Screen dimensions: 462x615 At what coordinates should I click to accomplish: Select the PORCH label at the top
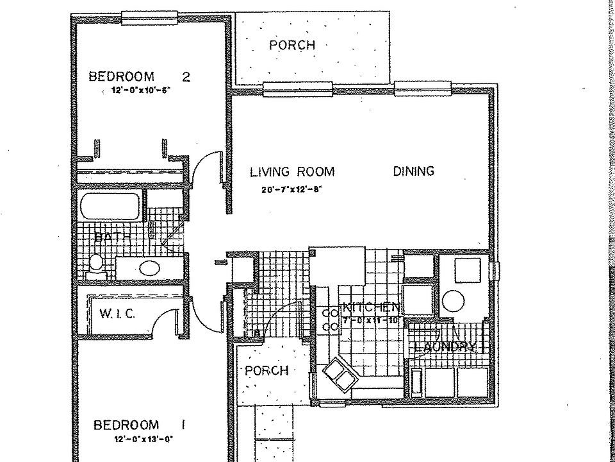(291, 46)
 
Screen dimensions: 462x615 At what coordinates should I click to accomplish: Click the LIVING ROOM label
(292, 171)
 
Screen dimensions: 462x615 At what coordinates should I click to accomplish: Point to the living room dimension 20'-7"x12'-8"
(291, 189)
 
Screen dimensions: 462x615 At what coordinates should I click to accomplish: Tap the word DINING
(413, 171)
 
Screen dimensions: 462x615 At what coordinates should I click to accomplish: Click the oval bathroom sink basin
(149, 268)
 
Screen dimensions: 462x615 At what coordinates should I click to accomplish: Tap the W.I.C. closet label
(116, 314)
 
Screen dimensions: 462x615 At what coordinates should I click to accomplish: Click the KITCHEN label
(372, 307)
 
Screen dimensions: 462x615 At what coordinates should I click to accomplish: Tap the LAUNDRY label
(445, 348)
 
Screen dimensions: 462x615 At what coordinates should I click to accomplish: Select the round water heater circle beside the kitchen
(455, 300)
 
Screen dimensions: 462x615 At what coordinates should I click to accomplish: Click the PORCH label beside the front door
(266, 371)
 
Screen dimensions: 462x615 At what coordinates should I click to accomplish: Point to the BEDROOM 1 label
(135, 425)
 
